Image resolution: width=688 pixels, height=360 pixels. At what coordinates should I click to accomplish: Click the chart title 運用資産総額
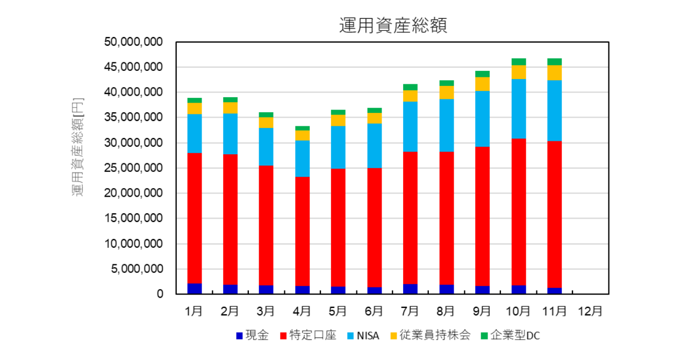pos(393,25)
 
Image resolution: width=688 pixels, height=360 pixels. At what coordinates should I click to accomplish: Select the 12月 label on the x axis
pos(590,311)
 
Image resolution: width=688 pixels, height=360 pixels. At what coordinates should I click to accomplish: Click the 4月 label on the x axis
pos(302,311)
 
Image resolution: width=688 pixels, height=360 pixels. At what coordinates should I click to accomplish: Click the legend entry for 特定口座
pos(307,336)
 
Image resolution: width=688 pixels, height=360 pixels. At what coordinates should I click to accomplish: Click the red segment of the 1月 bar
pos(194,218)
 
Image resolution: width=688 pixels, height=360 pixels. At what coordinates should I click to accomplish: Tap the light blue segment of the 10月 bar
pos(519,109)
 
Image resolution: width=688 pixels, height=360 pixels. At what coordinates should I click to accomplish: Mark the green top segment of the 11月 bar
pos(554,62)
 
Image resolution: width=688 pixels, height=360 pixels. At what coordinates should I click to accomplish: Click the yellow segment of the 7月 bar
pos(410,96)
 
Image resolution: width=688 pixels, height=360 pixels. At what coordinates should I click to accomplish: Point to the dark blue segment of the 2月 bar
pos(230,289)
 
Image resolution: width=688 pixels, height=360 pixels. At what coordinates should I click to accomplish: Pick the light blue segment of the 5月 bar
pos(338,147)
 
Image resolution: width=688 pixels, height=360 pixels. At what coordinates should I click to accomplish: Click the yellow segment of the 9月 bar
pos(482,84)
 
